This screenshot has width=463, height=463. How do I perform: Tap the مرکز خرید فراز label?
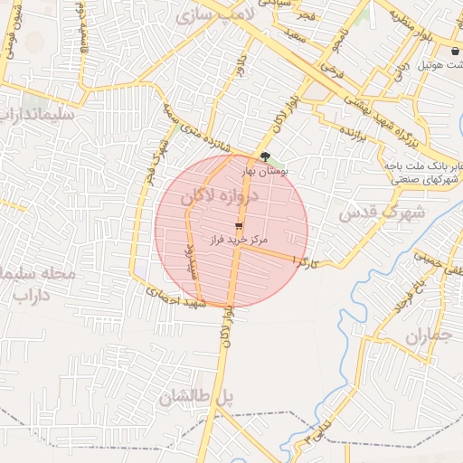click(236, 241)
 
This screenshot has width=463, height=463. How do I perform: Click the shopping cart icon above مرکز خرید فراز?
click(239, 225)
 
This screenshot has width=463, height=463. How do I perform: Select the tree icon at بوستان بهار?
click(264, 156)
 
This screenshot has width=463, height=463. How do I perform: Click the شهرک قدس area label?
click(368, 213)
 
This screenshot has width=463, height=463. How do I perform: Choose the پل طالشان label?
click(196, 396)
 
